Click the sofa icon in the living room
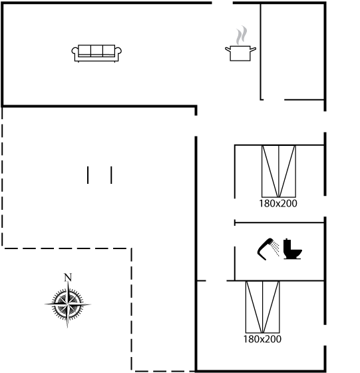[x=96, y=53]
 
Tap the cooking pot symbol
[x=240, y=53]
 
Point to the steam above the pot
[x=242, y=35]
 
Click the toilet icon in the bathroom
[x=292, y=249]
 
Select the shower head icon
[x=264, y=248]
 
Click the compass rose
[x=68, y=304]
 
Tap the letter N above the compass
[x=68, y=277]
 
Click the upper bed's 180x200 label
[x=277, y=204]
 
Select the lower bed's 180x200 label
[x=262, y=339]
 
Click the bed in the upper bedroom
[x=279, y=171]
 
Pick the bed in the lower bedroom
[x=263, y=307]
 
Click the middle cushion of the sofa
[x=96, y=50]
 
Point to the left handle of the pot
[x=228, y=49]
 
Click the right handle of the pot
[x=253, y=49]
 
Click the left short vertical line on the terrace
[x=88, y=175]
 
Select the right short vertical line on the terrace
[x=111, y=175]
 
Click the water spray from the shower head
[x=275, y=248]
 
